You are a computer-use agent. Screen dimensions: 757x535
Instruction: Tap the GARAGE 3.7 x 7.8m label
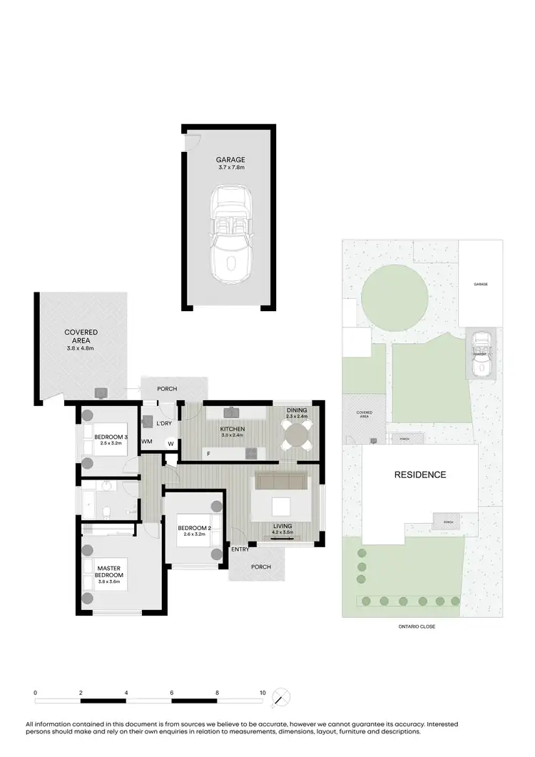(x=230, y=163)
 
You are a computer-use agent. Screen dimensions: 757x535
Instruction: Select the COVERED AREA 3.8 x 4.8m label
(x=81, y=340)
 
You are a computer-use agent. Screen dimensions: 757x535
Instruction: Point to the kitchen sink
(x=233, y=412)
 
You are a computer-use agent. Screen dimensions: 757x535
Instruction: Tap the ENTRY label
(x=239, y=549)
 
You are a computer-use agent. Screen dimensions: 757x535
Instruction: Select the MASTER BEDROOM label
(x=110, y=571)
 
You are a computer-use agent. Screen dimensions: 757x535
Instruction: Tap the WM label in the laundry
(x=147, y=442)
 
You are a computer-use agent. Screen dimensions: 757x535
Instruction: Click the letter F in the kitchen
(x=208, y=454)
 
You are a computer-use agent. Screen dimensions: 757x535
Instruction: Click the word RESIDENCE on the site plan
(x=421, y=474)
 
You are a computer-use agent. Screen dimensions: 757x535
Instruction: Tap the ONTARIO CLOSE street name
(x=417, y=626)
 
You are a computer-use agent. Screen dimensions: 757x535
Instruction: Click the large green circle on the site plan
(x=394, y=295)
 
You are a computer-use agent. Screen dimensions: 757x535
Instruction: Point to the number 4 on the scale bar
(x=126, y=693)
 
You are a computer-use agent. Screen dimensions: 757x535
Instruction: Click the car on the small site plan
(x=481, y=354)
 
